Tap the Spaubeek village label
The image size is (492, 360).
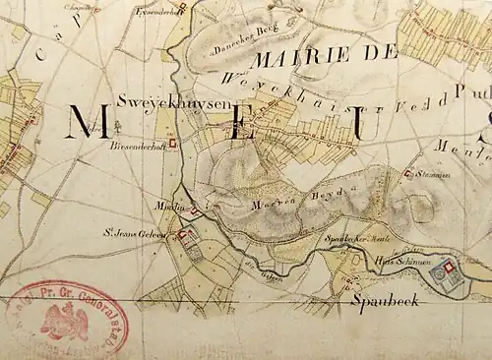click(x=386, y=300)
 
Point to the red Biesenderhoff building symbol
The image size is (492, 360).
click(x=174, y=142)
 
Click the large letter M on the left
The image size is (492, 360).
click(x=87, y=123)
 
